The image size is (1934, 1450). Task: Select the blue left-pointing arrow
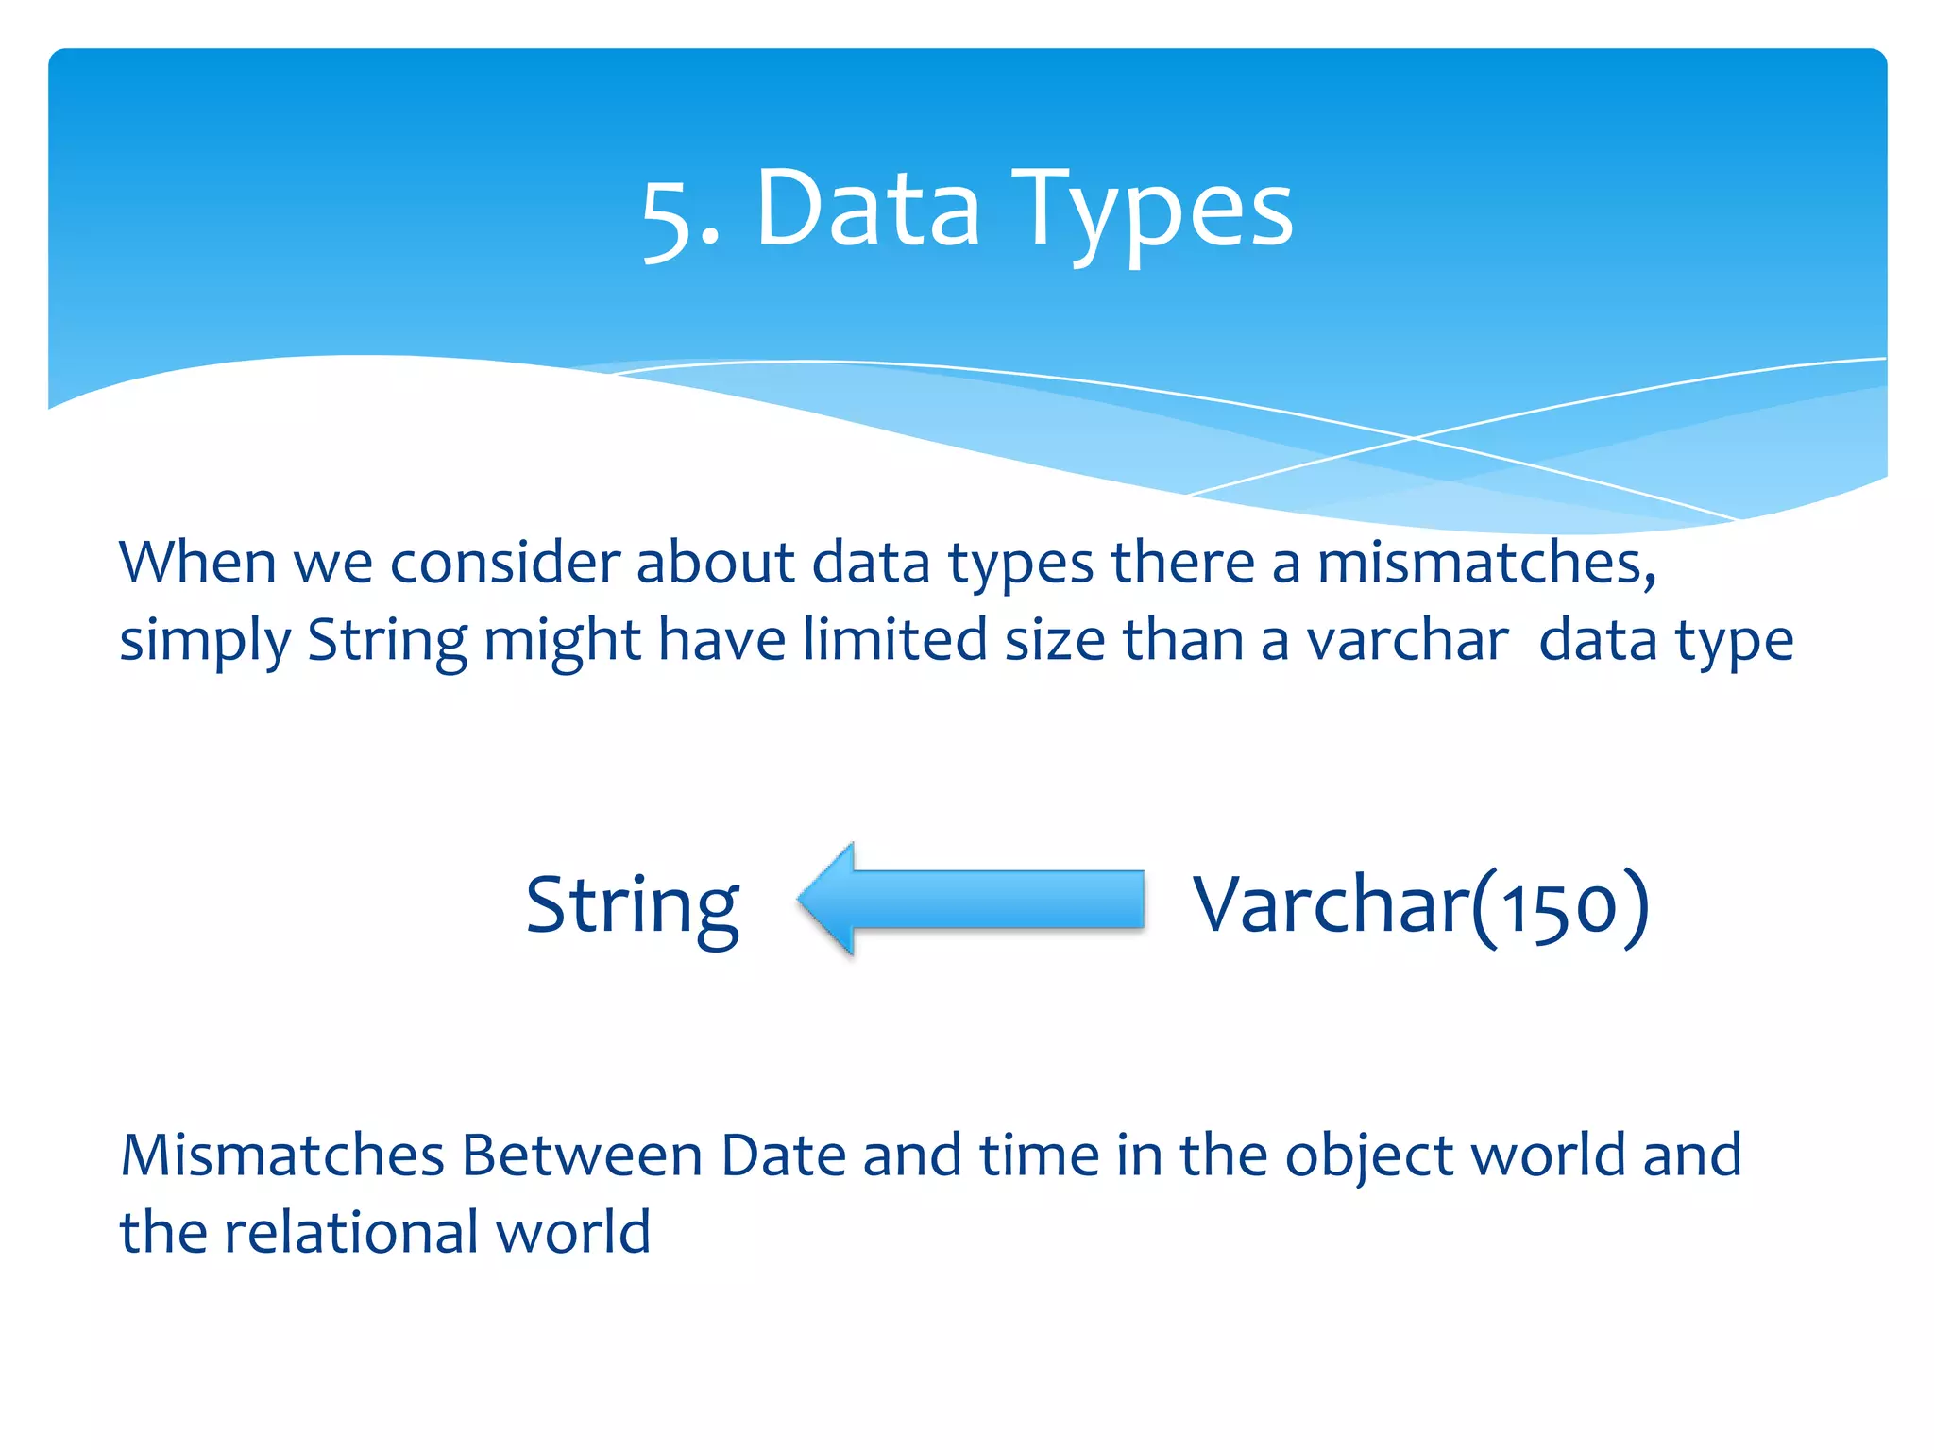click(971, 900)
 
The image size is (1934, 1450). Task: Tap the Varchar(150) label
click(1420, 904)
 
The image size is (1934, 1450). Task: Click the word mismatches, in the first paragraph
click(1486, 563)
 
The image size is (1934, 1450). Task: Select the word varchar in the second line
click(1407, 640)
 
